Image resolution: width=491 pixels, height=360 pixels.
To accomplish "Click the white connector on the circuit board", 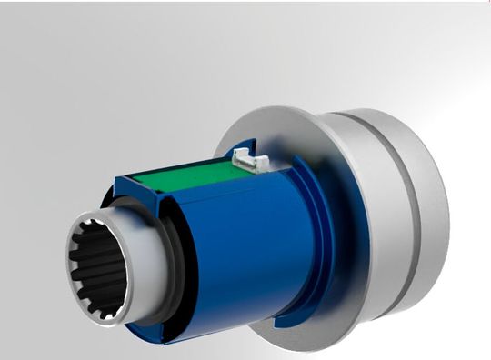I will click(251, 160).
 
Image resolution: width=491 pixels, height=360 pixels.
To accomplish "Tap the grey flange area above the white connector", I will click(264, 127).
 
